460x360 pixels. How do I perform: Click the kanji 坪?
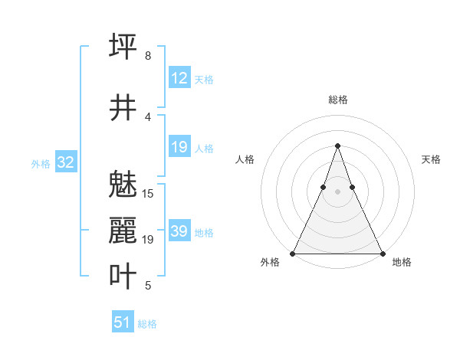(x=123, y=46)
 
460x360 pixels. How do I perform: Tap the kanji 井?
(x=123, y=107)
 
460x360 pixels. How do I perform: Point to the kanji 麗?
(x=123, y=231)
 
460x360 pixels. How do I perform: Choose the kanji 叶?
(x=123, y=277)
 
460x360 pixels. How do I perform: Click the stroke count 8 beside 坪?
(x=148, y=56)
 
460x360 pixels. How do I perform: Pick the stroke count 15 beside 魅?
(x=149, y=194)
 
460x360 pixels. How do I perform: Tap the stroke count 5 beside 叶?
(x=148, y=286)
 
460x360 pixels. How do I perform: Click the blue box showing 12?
(x=179, y=77)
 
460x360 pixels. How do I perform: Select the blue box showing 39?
(x=179, y=231)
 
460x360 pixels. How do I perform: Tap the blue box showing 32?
(x=65, y=162)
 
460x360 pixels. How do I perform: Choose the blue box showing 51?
(x=123, y=322)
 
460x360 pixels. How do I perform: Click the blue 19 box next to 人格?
(x=179, y=147)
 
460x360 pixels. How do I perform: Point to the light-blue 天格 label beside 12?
(x=204, y=79)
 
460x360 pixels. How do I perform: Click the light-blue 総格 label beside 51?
(x=147, y=324)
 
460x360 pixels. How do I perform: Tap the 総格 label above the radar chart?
(x=338, y=100)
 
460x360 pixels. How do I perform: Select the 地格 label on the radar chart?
(x=402, y=262)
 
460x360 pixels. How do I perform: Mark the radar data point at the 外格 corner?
(x=293, y=253)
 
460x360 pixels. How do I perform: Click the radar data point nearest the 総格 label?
(x=337, y=146)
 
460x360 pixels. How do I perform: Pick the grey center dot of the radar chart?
(x=337, y=191)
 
